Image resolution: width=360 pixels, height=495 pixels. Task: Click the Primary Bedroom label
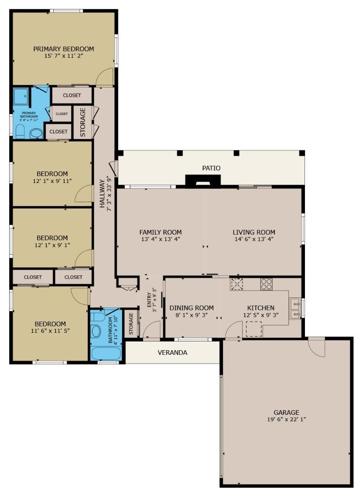coord(63,49)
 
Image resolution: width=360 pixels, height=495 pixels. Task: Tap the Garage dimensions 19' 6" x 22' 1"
coord(287,419)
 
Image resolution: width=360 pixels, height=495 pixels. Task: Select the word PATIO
coord(211,168)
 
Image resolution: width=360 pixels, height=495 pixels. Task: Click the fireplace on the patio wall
coord(202,181)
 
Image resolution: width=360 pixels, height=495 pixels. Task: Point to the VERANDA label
coord(172,353)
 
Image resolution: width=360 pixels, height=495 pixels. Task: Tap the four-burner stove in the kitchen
coord(266,284)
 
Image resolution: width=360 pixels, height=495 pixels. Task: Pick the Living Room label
coord(254,232)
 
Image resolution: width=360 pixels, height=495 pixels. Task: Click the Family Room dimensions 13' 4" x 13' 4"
coord(160,239)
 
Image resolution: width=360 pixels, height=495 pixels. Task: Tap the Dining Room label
coord(192,308)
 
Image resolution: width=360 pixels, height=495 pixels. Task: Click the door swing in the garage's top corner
coord(317,347)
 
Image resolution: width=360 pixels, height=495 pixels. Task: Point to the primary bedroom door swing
coord(105,77)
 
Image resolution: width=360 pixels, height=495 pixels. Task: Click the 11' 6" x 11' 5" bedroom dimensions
coord(50,330)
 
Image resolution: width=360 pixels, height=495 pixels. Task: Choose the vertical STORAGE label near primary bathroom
coord(83,122)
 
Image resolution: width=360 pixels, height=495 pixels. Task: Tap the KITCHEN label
coord(260,308)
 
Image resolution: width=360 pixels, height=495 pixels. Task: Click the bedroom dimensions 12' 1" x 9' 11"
coord(52,181)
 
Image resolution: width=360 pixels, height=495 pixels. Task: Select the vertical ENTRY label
coord(149,300)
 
